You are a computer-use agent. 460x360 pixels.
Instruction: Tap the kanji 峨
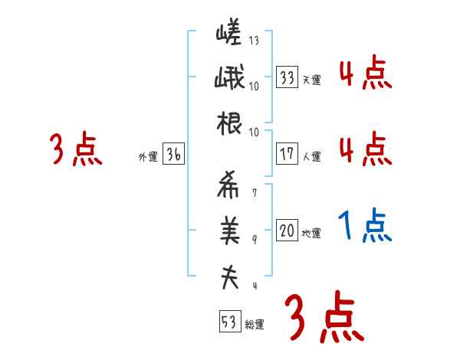(228, 80)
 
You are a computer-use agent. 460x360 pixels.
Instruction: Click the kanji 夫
(228, 277)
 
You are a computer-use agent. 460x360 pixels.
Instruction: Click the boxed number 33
(287, 77)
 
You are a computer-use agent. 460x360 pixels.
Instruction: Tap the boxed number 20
(287, 231)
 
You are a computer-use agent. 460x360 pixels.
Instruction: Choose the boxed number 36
(173, 155)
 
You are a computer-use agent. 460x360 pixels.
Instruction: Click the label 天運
(310, 80)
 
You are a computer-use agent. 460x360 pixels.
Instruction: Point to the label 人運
(310, 156)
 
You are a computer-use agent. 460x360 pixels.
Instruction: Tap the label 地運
(310, 234)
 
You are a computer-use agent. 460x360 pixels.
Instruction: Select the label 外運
(148, 157)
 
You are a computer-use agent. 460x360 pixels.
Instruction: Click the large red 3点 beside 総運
(323, 317)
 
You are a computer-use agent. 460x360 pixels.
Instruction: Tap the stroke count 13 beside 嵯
(254, 41)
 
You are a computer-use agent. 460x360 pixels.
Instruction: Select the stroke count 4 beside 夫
(254, 286)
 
